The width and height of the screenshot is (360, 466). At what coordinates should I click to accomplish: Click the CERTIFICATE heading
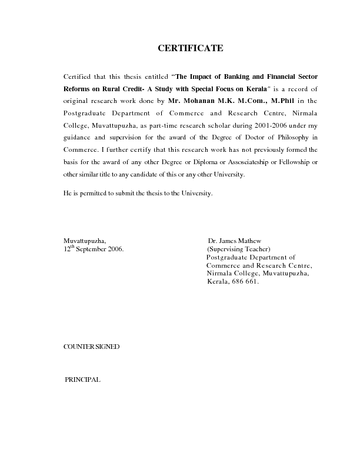[190, 48]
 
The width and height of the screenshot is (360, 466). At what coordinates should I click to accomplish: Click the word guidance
[78, 137]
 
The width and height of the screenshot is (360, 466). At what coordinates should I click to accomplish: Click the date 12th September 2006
[94, 249]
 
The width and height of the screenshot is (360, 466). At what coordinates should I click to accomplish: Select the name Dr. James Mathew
[235, 241]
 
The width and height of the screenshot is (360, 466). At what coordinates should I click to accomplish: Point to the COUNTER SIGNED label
[91, 347]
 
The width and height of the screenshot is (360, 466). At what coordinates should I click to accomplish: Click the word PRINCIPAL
[83, 380]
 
